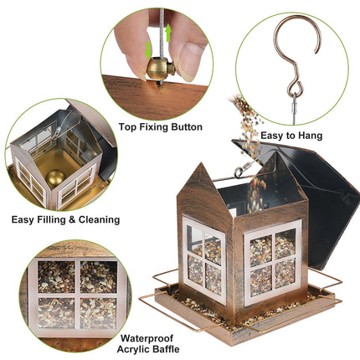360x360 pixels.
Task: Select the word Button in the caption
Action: coord(183,127)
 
